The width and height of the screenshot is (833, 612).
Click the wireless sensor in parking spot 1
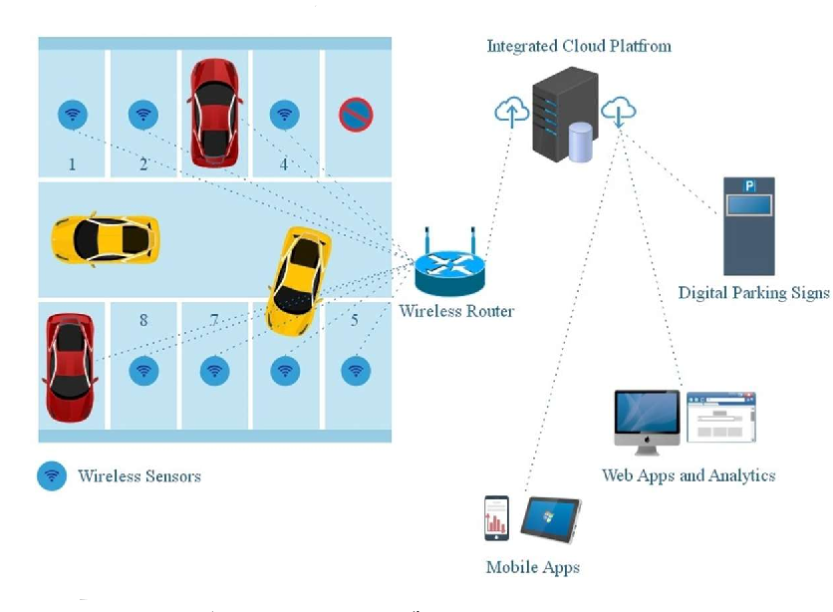pos(72,115)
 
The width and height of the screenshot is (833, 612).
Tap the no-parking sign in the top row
pos(356,115)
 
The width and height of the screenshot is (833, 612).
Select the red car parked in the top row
pos(213,112)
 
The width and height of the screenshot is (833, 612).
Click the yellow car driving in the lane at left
pos(105,239)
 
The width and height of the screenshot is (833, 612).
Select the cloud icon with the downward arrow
pos(620,110)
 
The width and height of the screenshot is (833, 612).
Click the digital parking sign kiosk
pos(748,226)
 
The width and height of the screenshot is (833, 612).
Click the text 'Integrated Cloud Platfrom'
pos(578,46)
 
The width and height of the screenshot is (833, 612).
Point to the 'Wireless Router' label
pos(456,311)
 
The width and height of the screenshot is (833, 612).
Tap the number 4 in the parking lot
pos(283,164)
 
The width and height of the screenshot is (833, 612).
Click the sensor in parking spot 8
pos(144,371)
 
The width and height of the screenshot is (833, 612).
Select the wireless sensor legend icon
pos(51,475)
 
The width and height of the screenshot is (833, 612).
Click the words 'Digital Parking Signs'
pos(753,293)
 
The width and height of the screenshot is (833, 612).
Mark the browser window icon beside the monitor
pos(721,417)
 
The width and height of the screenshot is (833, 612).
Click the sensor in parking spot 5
pos(356,371)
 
